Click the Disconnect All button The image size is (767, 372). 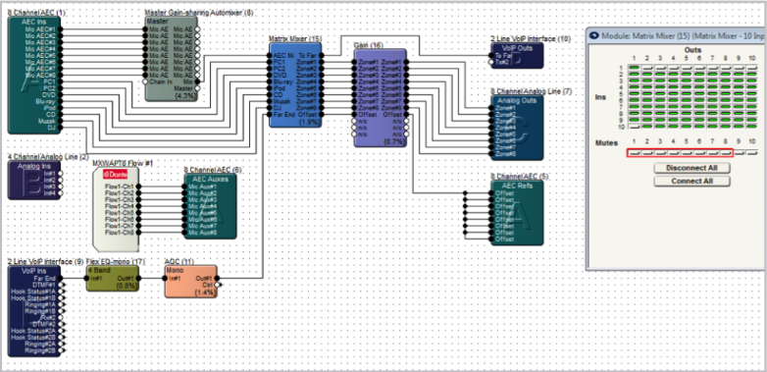[678, 168]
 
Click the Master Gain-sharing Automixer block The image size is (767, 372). [172, 59]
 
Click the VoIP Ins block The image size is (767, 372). [34, 304]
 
